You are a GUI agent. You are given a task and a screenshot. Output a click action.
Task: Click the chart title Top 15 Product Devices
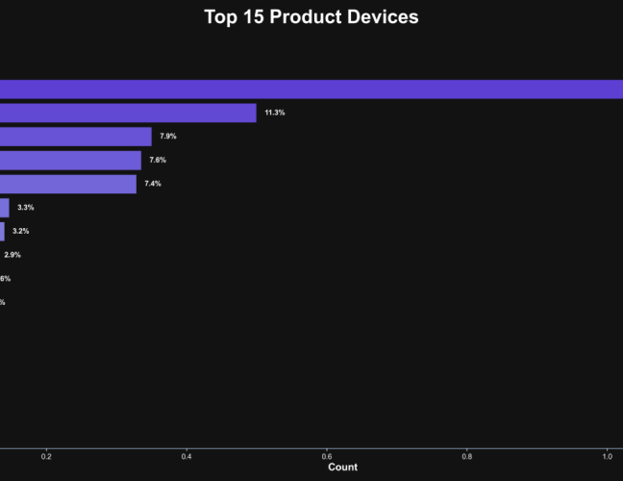point(311,17)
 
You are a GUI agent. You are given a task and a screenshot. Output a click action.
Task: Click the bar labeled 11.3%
point(128,114)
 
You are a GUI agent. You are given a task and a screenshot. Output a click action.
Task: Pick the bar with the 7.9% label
point(75,137)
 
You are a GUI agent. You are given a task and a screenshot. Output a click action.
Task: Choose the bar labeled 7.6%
point(70,161)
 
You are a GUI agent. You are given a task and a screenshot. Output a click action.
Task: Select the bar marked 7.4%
point(67,184)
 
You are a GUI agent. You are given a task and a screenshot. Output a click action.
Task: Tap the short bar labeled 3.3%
point(5,208)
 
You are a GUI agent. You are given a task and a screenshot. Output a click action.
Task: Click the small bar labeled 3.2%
point(2,231)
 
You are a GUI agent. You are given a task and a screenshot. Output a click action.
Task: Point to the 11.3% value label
point(275,114)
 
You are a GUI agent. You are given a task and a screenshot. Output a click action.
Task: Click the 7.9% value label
point(168,137)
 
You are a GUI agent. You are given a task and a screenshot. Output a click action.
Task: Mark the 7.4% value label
point(153,184)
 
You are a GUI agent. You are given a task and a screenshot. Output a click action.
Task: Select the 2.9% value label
point(12,255)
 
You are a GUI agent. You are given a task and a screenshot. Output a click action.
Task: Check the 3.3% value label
point(26,208)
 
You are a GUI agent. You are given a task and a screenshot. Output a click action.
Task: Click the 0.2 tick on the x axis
point(46,457)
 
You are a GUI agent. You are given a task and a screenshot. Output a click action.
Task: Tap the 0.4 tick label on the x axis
point(187,457)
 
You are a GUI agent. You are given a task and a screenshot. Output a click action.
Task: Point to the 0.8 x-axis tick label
point(467,457)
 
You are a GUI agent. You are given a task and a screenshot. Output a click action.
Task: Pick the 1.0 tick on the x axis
point(608,457)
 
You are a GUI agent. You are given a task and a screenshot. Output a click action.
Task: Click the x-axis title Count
point(342,468)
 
